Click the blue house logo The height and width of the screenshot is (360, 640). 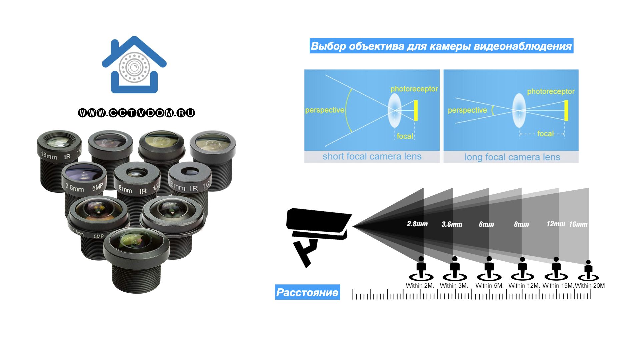[134, 65]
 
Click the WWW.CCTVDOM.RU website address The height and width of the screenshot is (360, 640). [136, 113]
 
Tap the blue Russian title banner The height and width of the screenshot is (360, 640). [441, 46]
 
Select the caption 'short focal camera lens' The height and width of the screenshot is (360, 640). [372, 157]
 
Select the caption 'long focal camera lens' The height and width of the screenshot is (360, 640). [512, 157]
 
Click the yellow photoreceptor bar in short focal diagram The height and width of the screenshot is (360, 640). [416, 110]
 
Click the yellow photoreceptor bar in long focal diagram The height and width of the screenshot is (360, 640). [566, 110]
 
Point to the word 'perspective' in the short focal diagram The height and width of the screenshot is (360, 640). [325, 110]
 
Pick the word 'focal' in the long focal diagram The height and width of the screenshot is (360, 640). [545, 134]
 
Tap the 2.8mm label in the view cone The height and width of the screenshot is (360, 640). [417, 224]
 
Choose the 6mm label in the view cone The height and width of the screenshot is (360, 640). [486, 224]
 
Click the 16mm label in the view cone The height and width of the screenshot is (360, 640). [578, 224]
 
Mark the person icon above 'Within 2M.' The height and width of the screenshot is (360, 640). [421, 268]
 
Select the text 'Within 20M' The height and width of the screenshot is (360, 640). [590, 286]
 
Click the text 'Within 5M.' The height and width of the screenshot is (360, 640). [489, 286]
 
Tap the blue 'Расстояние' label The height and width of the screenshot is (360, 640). [307, 292]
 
